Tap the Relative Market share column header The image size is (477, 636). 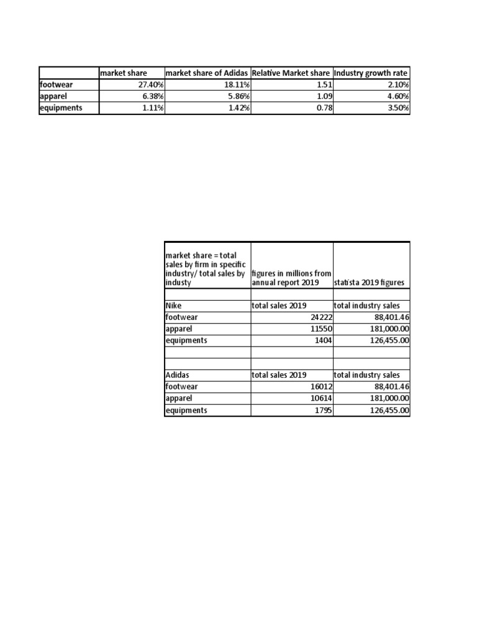(291, 73)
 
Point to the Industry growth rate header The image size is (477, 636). (371, 73)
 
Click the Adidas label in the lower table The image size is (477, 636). (176, 375)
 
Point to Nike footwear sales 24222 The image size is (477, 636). (321, 317)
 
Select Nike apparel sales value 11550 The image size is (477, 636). (321, 329)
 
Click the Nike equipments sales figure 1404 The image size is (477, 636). (324, 340)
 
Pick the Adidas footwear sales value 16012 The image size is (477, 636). (321, 387)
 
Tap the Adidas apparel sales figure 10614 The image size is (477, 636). (321, 399)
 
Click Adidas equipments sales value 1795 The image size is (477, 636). (324, 411)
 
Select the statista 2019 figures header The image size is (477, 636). (369, 283)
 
